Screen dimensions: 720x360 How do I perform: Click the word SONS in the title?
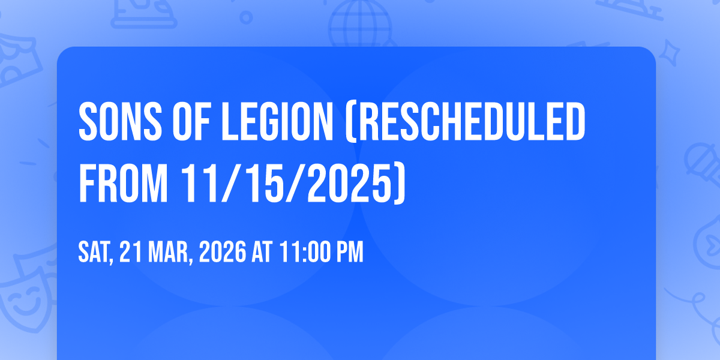point(120,121)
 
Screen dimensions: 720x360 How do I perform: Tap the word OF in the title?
point(191,121)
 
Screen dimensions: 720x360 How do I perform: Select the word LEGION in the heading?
point(277,121)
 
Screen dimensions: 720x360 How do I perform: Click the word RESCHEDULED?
point(472,121)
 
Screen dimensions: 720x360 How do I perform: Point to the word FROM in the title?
point(123,183)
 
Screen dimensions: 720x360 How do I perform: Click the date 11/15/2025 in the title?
point(286,183)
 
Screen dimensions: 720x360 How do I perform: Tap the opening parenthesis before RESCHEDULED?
point(351,122)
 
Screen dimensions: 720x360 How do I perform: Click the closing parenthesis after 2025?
point(399,184)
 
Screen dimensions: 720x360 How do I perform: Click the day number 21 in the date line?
point(131,252)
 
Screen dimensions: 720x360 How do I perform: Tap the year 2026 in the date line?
point(223,252)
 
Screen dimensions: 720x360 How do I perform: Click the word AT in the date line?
point(262,252)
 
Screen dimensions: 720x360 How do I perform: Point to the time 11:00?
point(305,252)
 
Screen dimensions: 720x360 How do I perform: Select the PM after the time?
point(350,252)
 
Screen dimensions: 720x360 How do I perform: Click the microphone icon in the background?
point(704,164)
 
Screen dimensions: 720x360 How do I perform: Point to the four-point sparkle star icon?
point(670,53)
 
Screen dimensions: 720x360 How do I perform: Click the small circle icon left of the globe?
point(246,17)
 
